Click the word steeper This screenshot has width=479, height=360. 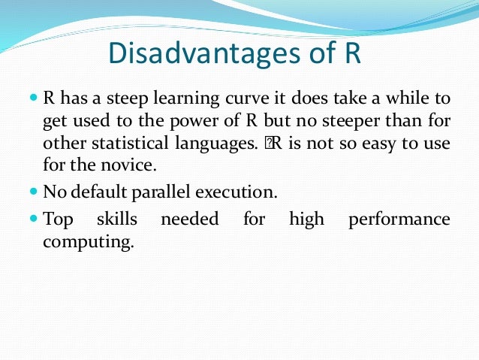[353, 121]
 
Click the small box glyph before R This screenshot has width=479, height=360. [266, 143]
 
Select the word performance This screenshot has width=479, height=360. [399, 219]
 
